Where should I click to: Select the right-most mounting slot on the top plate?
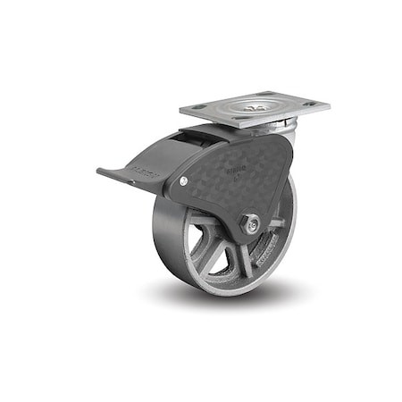pyautogui.click(x=310, y=105)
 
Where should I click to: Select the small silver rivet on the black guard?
pyautogui.click(x=183, y=181)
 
